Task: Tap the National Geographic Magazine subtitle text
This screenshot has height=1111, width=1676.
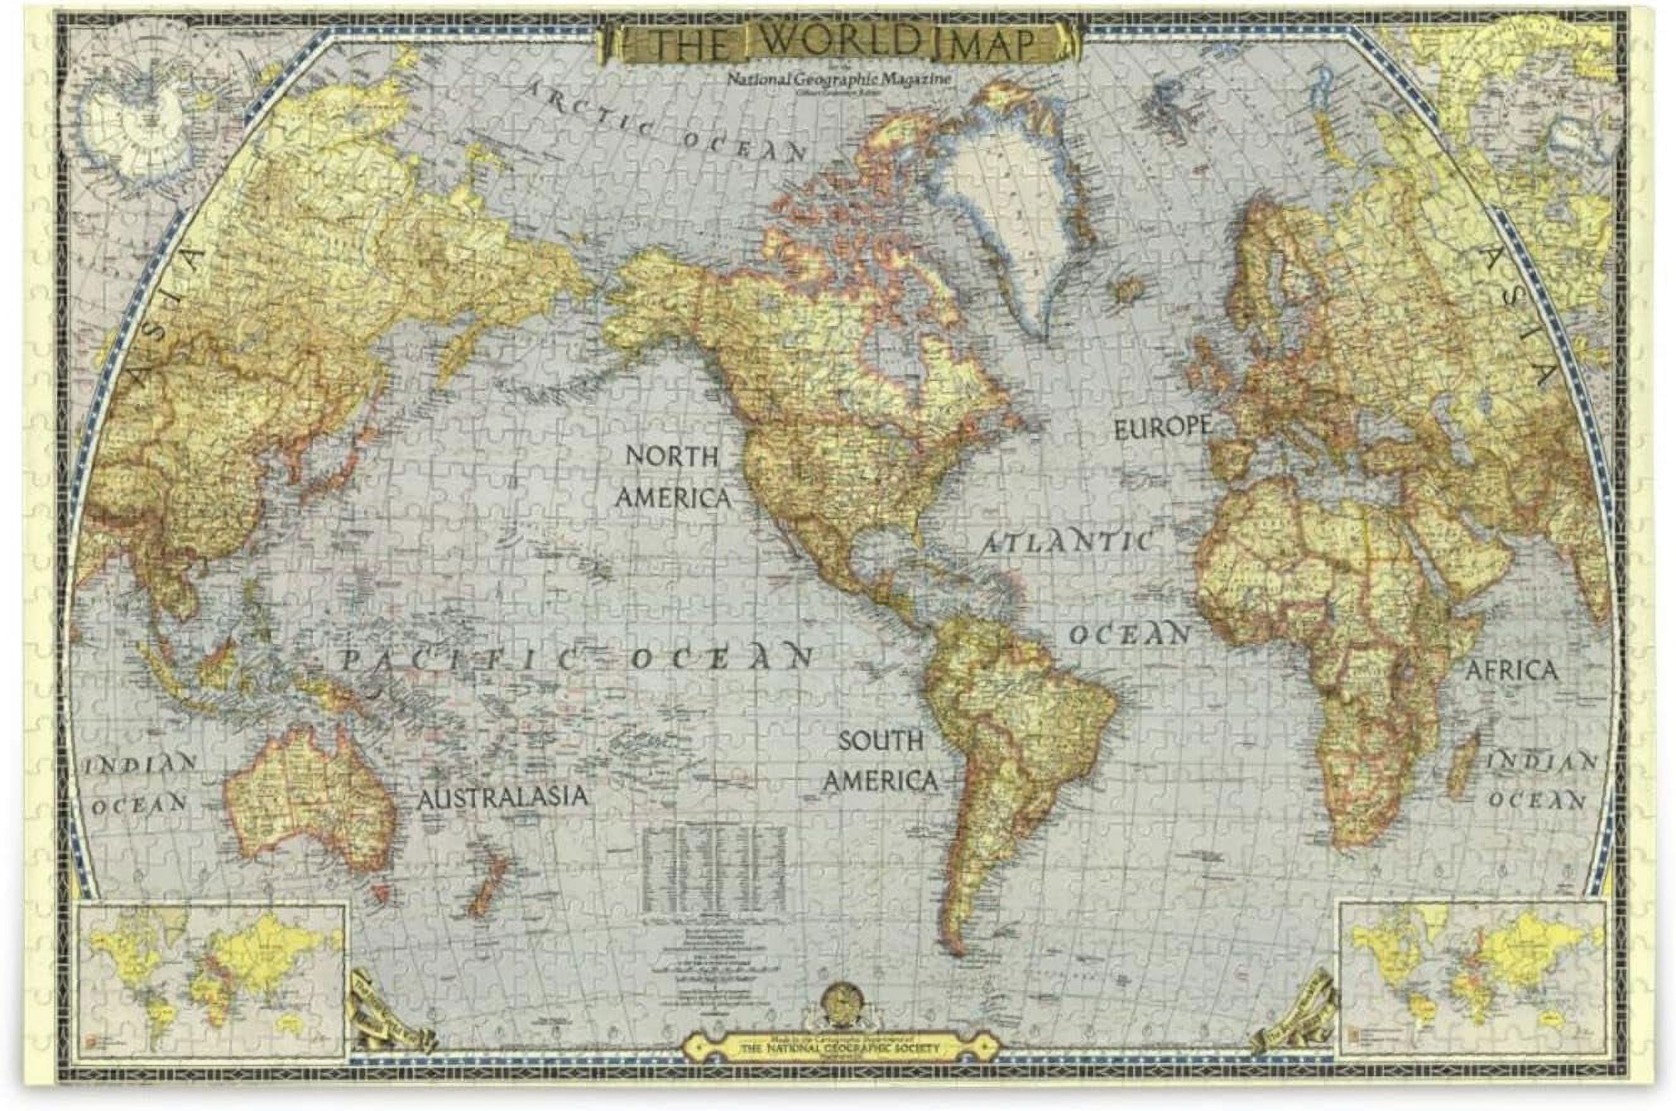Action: coord(839,80)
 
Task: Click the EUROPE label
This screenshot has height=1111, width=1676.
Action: coord(1161,427)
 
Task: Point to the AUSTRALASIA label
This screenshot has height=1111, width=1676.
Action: coord(502,797)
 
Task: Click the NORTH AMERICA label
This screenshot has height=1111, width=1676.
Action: coord(672,477)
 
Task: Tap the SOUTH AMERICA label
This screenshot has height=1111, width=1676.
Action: coord(880,762)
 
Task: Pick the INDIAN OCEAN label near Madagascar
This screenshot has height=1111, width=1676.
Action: coord(1541,781)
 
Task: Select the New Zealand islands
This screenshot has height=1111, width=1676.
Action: coord(488,882)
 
